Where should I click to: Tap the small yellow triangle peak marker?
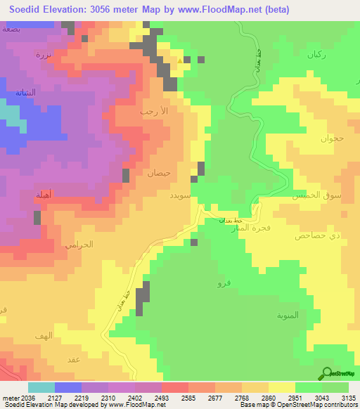tap(181, 61)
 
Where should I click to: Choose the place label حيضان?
tap(157, 171)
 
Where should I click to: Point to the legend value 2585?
tap(188, 397)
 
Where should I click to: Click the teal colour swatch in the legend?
tap(41, 387)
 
